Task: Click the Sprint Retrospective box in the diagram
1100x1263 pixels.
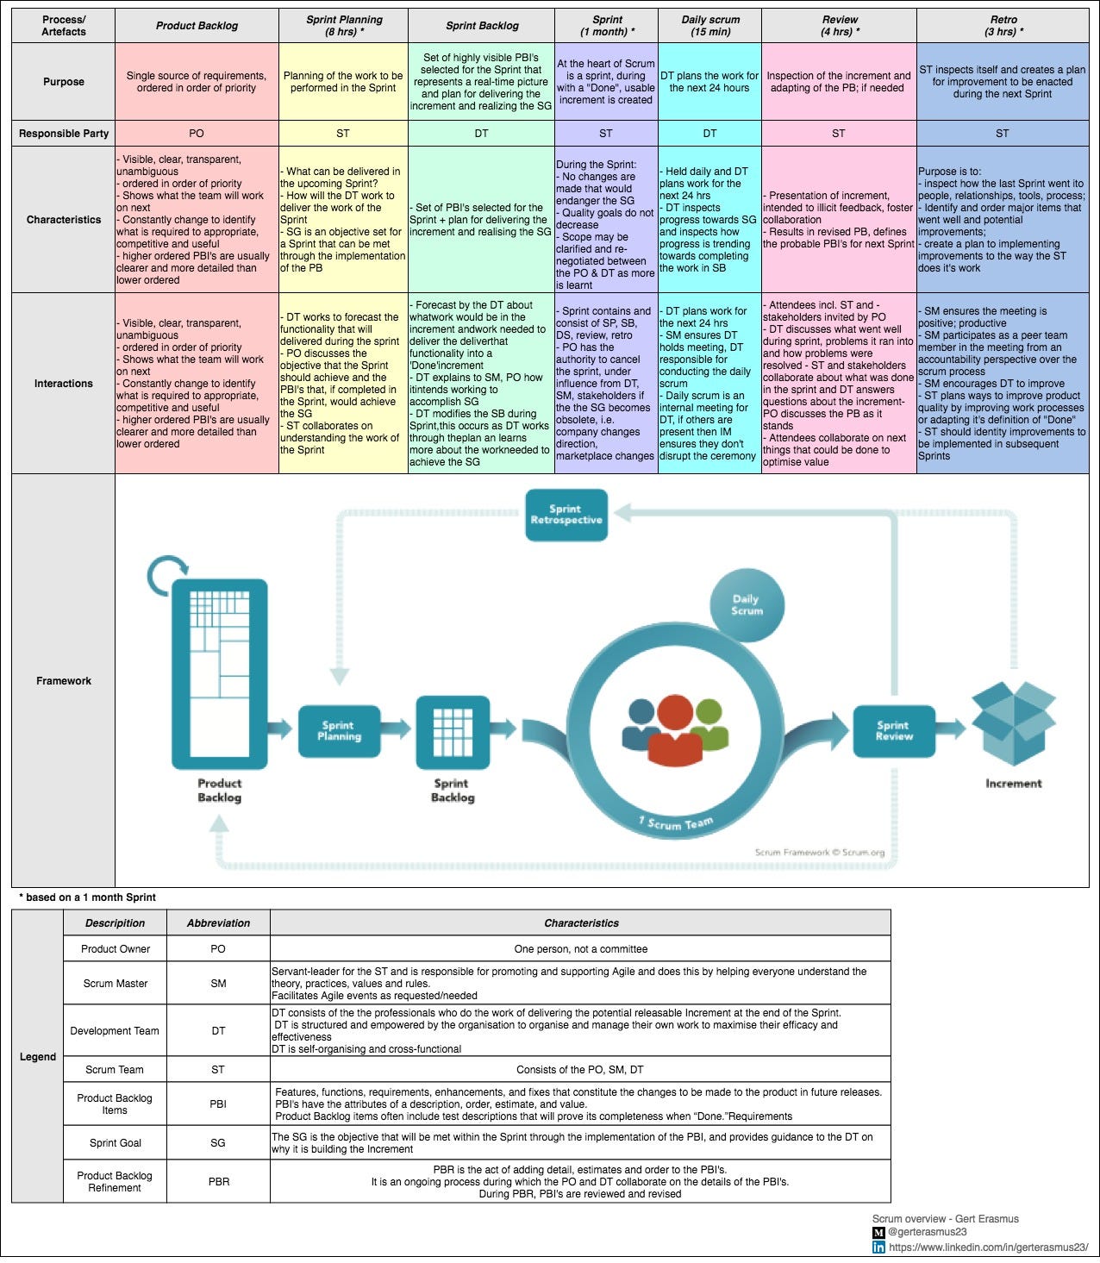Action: (x=566, y=515)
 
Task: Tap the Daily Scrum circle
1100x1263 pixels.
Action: (x=747, y=604)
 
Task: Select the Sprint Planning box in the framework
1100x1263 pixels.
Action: (x=339, y=731)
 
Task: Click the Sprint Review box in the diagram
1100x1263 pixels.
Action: (x=893, y=731)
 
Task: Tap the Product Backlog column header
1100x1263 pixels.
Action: (x=197, y=26)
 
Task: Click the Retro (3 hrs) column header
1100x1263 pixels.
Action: (x=1003, y=26)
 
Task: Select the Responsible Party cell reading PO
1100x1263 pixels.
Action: (x=197, y=134)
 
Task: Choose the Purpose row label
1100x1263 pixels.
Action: (x=64, y=82)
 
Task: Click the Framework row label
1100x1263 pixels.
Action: (x=64, y=681)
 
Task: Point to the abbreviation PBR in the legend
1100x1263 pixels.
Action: (x=218, y=1181)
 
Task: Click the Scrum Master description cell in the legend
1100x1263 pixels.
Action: (x=116, y=983)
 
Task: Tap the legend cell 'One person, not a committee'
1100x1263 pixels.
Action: (x=580, y=949)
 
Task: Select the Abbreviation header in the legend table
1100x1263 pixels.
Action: (x=218, y=923)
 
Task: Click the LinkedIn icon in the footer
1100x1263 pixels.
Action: (x=878, y=1247)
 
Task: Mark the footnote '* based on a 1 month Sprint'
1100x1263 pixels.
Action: (x=87, y=897)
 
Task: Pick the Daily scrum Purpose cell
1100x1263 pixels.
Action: (x=709, y=82)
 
